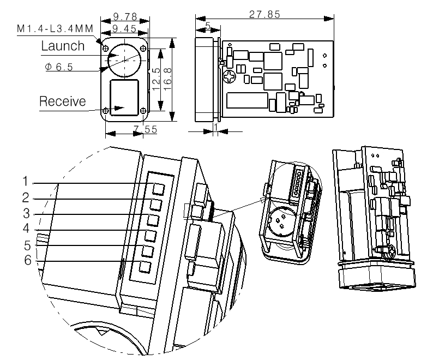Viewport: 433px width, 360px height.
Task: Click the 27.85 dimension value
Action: coord(264,14)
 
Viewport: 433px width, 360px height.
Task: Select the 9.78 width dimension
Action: coord(125,16)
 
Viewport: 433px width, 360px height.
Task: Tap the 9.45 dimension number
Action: coord(124,28)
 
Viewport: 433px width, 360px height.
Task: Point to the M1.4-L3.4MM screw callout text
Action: coord(55,28)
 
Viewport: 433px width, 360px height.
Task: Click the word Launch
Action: coord(63,46)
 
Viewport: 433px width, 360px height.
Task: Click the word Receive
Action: coord(62,101)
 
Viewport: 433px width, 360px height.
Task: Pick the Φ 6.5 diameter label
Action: coord(59,67)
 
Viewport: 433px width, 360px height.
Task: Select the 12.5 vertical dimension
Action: coord(156,79)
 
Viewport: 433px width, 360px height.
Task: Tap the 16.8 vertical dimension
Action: coord(167,79)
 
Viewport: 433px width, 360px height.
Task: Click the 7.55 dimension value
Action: coord(145,129)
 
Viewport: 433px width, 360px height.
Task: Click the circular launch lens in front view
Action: coord(124,60)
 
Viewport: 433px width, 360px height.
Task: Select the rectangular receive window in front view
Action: coord(124,98)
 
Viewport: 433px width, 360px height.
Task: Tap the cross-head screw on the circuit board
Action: coord(230,76)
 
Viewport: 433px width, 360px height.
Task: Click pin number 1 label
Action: coord(26,181)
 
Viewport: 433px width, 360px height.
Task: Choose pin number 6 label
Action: coord(28,260)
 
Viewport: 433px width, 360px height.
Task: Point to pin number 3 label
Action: coord(26,213)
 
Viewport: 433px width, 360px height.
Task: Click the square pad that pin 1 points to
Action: coord(159,189)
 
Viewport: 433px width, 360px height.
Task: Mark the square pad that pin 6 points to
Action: coord(145,267)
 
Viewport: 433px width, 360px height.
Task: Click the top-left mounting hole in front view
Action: coord(105,49)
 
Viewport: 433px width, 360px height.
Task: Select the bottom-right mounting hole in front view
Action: coord(143,111)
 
